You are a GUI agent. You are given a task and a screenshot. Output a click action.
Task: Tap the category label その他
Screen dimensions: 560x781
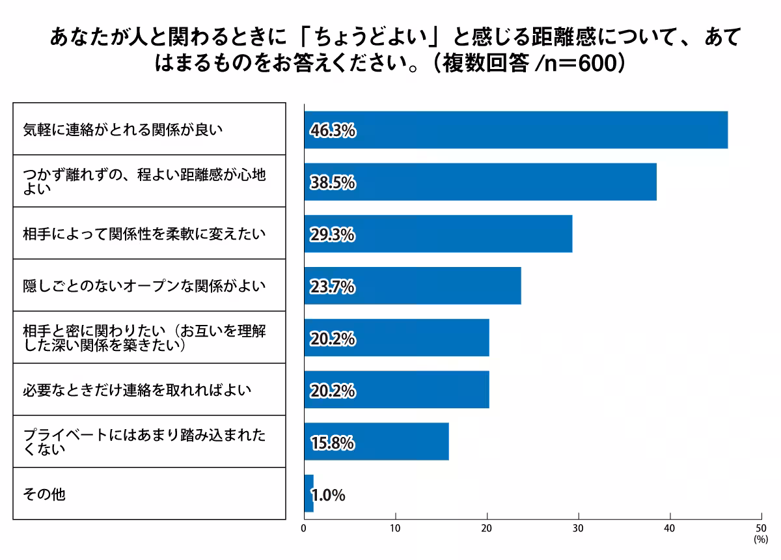(x=44, y=494)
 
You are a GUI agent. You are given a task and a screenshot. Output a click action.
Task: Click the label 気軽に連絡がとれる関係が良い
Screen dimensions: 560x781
(x=123, y=130)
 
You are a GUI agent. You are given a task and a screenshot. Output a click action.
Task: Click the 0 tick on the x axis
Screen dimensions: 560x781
(x=304, y=529)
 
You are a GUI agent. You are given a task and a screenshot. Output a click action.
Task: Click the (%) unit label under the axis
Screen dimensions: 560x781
(x=760, y=540)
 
